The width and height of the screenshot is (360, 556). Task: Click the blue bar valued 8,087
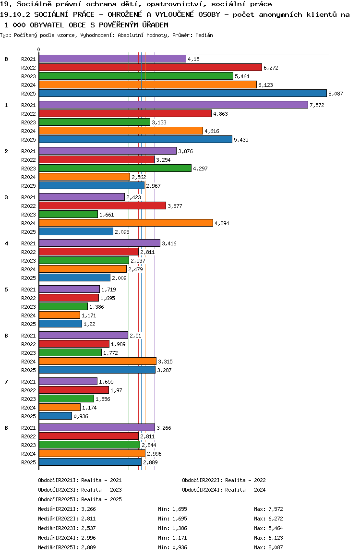point(182,94)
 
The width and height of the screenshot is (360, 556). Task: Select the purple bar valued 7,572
point(173,105)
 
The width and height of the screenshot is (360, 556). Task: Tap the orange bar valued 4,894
point(126,223)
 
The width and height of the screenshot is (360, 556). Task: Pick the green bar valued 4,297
point(115,168)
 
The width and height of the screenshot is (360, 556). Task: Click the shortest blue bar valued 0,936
point(55,416)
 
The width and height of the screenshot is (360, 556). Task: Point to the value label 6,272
point(271,68)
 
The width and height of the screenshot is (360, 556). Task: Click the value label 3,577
point(175,206)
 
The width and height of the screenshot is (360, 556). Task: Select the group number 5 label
point(6,290)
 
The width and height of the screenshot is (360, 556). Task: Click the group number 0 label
point(6,59)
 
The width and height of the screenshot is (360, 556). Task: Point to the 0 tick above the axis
point(39,49)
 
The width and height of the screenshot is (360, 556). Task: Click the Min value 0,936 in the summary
point(180,547)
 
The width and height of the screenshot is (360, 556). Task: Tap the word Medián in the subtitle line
point(204,35)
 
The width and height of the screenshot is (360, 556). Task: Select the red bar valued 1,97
point(74,390)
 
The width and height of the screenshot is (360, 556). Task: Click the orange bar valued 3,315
point(97,361)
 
